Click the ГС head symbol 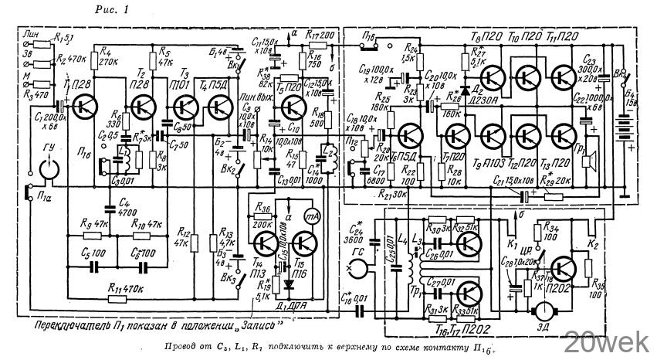tap(356, 269)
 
